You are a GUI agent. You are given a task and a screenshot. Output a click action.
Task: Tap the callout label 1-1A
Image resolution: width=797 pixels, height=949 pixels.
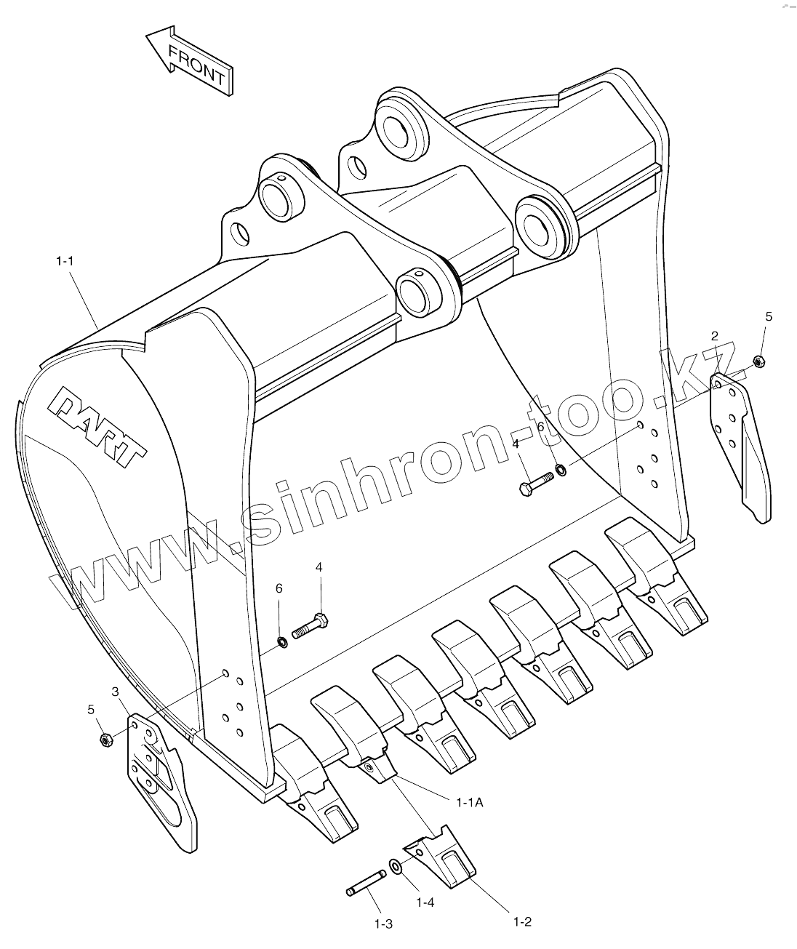coord(470,802)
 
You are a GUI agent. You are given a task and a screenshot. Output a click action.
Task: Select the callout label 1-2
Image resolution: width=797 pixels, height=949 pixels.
coord(522,922)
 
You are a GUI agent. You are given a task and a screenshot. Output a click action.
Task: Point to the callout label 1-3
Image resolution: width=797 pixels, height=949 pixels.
coord(383,924)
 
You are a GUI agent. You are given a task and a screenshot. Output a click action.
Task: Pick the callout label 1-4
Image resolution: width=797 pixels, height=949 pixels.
coord(425,902)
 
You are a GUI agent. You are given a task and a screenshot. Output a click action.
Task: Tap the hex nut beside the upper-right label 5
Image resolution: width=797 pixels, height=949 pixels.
coord(758,360)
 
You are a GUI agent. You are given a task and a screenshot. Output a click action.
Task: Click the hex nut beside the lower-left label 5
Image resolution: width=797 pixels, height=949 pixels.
coord(105,740)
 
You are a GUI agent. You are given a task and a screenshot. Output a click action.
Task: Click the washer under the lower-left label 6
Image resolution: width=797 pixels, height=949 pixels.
coord(281,641)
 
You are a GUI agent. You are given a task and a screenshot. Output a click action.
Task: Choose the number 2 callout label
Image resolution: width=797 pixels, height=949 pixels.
coord(714,335)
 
